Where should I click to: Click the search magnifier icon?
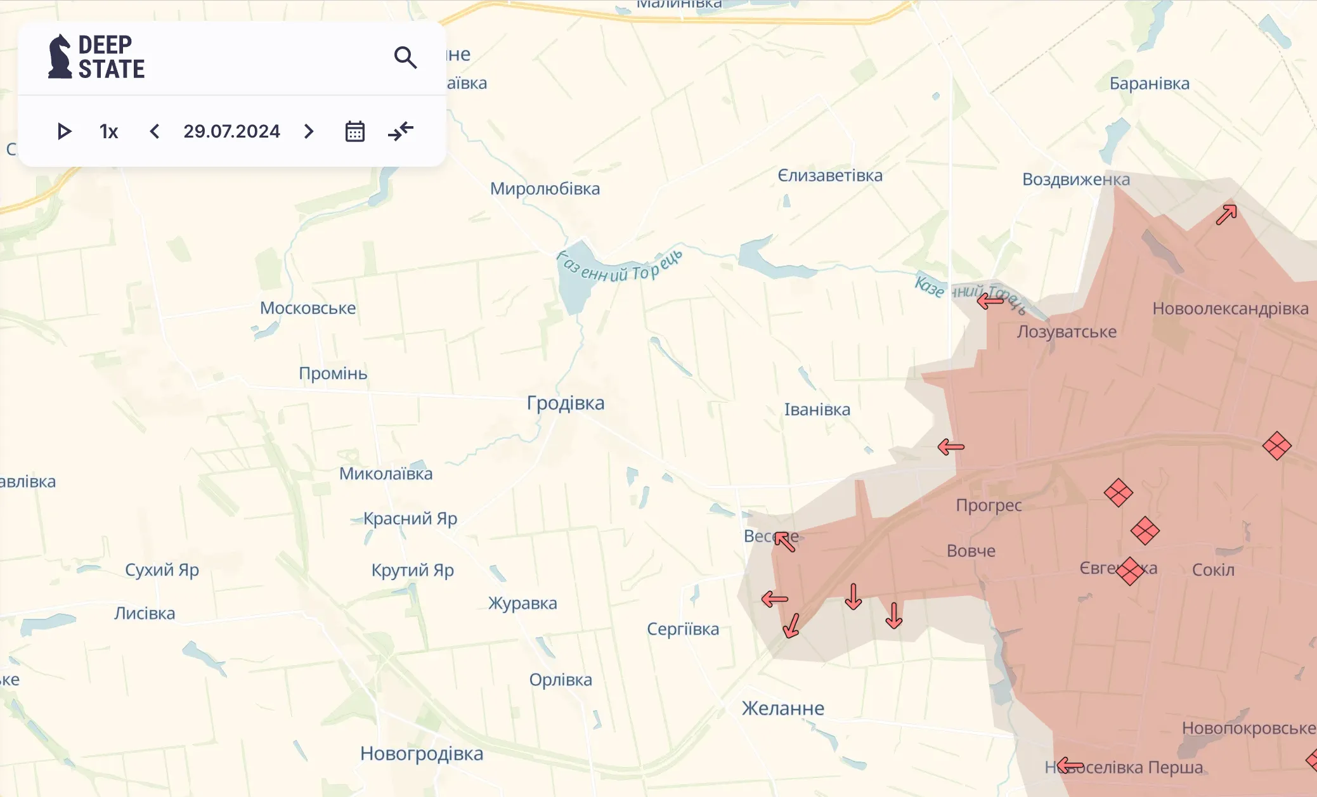point(405,58)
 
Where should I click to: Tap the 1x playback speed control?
point(108,131)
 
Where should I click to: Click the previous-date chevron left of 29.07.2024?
point(154,131)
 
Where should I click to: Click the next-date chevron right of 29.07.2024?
point(309,131)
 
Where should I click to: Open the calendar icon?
point(354,131)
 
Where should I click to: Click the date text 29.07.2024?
point(231,131)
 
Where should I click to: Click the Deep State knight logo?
point(60,56)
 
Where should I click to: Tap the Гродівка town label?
point(566,403)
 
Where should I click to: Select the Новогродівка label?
point(422,753)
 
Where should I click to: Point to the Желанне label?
point(783,708)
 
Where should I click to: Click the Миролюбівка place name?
point(545,189)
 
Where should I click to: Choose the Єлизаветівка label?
point(830,176)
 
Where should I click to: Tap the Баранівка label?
point(1149,84)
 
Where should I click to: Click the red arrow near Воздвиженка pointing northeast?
point(1226,214)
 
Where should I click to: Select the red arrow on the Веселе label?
point(785,541)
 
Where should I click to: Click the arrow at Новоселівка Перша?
point(1070,765)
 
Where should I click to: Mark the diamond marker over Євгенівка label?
point(1129,571)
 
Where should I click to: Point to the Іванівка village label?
point(817,410)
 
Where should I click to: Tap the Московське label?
point(308,308)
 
